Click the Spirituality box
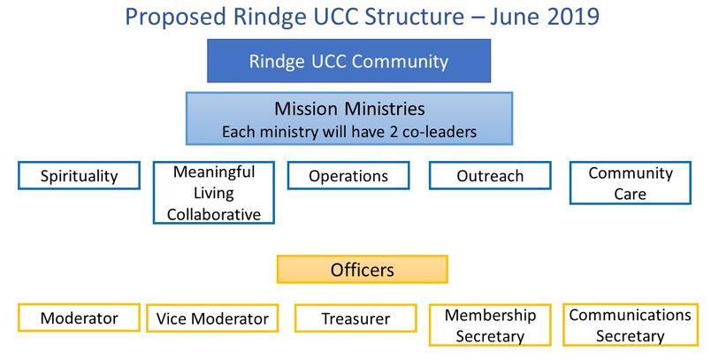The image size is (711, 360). pyautogui.click(x=79, y=175)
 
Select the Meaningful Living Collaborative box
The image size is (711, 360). pyautogui.click(x=214, y=193)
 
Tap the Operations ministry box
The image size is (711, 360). pyautogui.click(x=348, y=175)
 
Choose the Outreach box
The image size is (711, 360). pyautogui.click(x=490, y=175)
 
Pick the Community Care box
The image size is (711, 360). pyautogui.click(x=631, y=183)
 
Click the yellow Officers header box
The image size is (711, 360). pyautogui.click(x=363, y=269)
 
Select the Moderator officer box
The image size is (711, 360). pyautogui.click(x=79, y=318)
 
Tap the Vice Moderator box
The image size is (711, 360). pyautogui.click(x=212, y=318)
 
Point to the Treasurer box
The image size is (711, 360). pyautogui.click(x=355, y=318)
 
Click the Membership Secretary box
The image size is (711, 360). pyautogui.click(x=490, y=326)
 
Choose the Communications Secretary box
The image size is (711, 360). pyautogui.click(x=631, y=326)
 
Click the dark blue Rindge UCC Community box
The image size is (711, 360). pyautogui.click(x=348, y=61)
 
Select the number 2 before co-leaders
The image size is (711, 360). pyautogui.click(x=394, y=132)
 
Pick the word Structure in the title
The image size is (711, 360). pyautogui.click(x=415, y=17)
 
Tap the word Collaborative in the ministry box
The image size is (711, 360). pyautogui.click(x=214, y=214)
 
